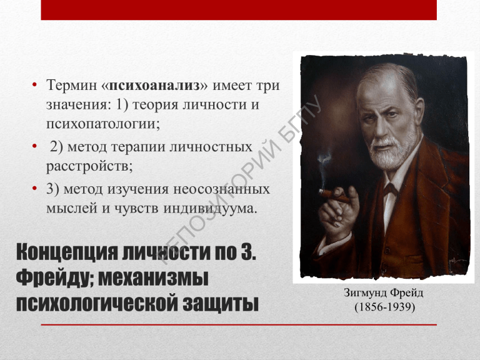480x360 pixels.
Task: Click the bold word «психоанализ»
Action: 154,85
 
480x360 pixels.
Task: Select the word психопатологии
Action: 103,124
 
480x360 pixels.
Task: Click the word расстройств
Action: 89,166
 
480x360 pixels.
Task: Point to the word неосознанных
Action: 222,189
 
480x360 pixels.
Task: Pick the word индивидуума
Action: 210,209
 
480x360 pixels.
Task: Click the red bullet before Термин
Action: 34,84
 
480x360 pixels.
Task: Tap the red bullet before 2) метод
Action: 34,146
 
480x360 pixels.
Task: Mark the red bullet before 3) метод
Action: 34,188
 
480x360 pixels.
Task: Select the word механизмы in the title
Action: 153,277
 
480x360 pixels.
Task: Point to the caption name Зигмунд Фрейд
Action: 384,293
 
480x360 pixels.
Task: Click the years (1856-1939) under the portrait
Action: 385,307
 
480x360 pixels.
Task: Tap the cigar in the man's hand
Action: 334,196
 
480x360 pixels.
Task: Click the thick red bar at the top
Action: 239,10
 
